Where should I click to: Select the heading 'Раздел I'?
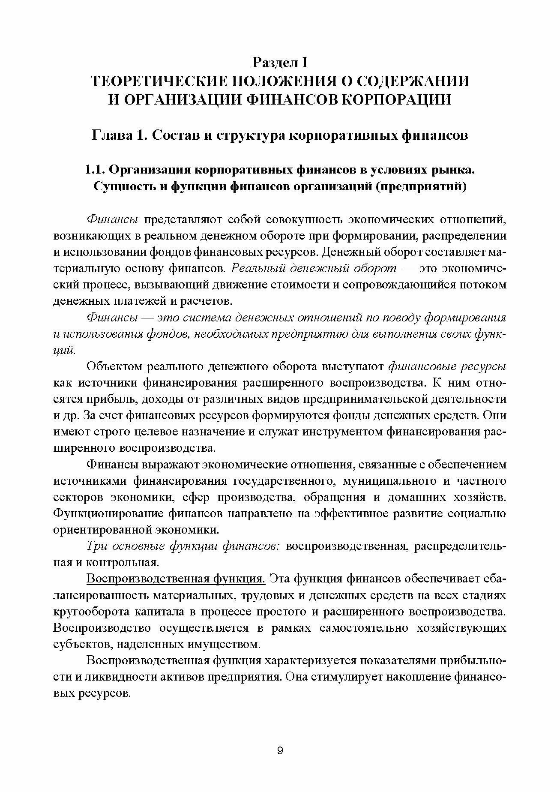pyautogui.click(x=280, y=63)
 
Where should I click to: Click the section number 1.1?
pyautogui.click(x=94, y=170)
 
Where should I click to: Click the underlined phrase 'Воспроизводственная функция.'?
pyautogui.click(x=176, y=579)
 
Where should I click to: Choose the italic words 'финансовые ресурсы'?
pyautogui.click(x=447, y=367)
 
